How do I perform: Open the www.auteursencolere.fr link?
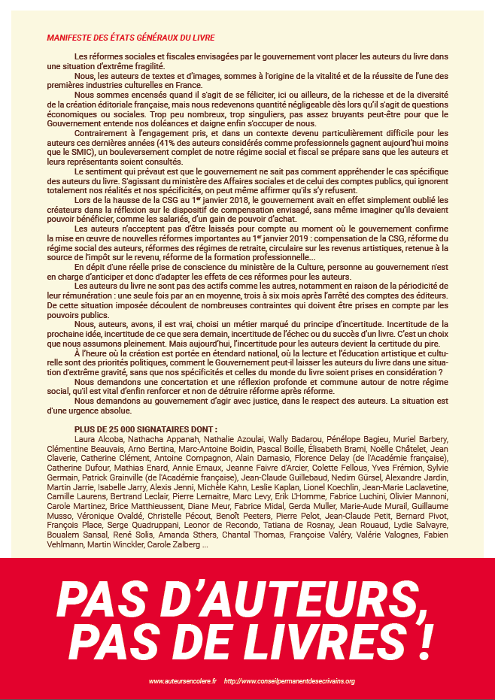(182, 681)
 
